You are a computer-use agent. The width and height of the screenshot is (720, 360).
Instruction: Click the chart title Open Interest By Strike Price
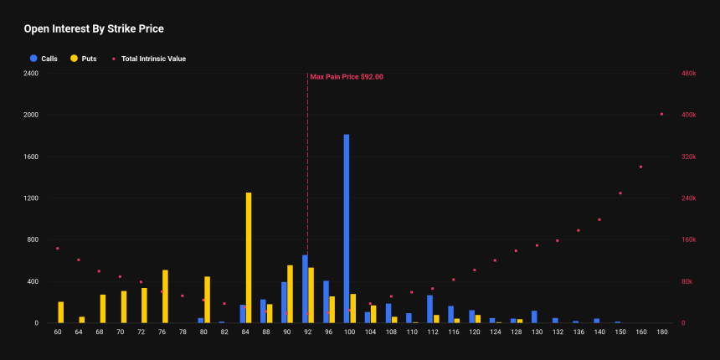tap(93, 28)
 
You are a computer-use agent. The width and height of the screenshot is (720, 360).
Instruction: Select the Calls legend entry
tap(44, 59)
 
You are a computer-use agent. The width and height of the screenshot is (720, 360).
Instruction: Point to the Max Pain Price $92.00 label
tap(347, 77)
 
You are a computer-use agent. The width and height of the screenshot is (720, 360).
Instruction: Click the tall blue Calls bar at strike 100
tap(347, 229)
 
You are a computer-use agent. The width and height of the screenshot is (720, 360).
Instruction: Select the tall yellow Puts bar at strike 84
tap(249, 258)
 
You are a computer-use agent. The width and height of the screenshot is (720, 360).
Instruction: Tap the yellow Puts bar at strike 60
tap(60, 312)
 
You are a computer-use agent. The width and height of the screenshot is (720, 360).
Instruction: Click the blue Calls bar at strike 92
tap(305, 289)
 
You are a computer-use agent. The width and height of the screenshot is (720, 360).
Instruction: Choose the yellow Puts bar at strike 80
tap(207, 300)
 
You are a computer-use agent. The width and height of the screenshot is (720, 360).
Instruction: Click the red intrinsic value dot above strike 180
tap(661, 114)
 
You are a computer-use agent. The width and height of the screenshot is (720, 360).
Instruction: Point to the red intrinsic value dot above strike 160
tap(640, 167)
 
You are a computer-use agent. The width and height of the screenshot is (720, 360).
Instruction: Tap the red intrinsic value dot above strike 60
tap(57, 249)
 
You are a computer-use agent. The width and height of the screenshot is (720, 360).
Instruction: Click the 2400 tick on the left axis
tap(31, 74)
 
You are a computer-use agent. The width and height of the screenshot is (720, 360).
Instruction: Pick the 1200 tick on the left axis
tap(31, 198)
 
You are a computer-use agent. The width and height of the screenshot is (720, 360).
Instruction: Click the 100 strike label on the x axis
tap(349, 333)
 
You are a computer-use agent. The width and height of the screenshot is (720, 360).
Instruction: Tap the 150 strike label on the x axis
tap(620, 333)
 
